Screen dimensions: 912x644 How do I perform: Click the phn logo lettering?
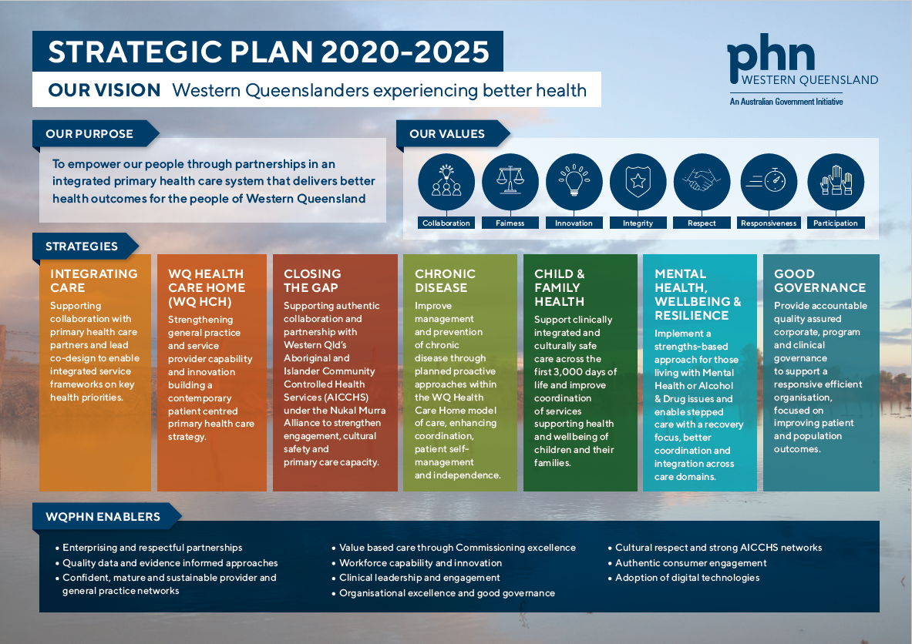tap(771, 56)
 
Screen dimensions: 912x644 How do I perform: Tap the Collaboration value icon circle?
tap(446, 182)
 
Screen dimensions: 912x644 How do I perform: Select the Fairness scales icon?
tap(510, 182)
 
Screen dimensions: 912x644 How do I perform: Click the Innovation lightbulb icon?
tap(574, 182)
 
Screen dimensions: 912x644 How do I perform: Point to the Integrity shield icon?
tap(638, 182)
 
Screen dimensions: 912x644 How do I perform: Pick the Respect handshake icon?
tap(702, 182)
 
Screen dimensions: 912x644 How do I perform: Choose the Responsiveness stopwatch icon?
tap(769, 182)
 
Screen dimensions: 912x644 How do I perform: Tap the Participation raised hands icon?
tap(836, 182)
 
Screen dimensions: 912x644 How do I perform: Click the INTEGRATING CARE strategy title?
tap(93, 280)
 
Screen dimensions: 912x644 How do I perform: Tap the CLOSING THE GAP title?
tap(312, 280)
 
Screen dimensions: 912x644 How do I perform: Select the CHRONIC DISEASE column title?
tap(445, 280)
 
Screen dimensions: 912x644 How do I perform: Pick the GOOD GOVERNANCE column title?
tap(819, 280)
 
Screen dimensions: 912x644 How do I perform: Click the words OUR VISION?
tap(104, 90)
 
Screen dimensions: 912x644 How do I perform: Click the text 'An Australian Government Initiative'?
tap(786, 102)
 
